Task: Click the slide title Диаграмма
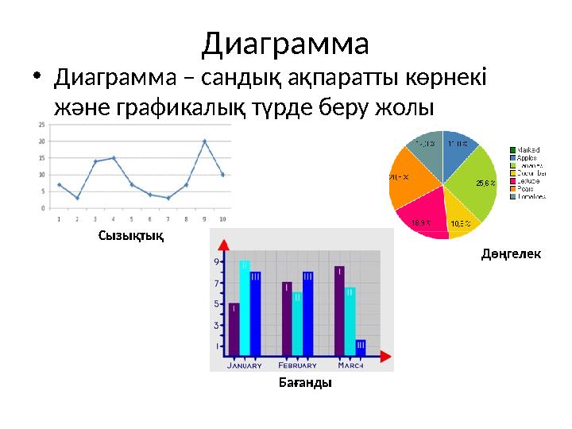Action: point(285,43)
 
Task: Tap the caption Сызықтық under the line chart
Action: point(131,235)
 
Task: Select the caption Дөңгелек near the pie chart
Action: point(512,253)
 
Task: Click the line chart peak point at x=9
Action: point(204,141)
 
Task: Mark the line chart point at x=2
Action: point(77,198)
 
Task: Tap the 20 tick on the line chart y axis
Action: point(42,141)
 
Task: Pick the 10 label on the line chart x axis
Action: point(222,218)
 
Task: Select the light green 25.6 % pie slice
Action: point(473,179)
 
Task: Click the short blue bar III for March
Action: point(361,347)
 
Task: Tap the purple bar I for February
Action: point(287,318)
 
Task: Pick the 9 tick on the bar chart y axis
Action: point(216,261)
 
